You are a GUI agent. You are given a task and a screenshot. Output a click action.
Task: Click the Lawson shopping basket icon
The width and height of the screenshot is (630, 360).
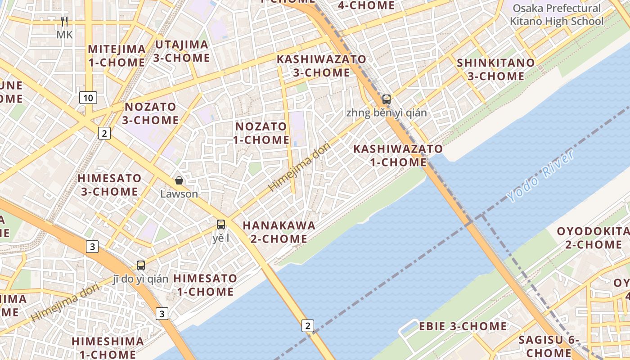(x=179, y=180)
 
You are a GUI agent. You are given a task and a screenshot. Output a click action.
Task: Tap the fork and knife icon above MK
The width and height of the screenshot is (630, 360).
(x=64, y=22)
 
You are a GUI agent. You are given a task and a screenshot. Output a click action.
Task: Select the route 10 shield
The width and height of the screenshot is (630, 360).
(x=88, y=97)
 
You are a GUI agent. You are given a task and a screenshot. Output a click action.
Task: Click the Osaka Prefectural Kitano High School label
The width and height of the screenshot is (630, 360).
(x=557, y=15)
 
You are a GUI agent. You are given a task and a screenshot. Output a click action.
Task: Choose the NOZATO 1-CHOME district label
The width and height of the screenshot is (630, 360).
(x=261, y=133)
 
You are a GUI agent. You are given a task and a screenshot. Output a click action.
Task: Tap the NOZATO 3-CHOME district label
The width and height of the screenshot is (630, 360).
(x=150, y=113)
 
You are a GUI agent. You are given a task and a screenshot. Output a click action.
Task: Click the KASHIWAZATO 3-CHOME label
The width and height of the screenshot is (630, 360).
(x=321, y=66)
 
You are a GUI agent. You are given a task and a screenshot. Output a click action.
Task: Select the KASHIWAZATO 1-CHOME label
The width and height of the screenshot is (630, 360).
(x=398, y=155)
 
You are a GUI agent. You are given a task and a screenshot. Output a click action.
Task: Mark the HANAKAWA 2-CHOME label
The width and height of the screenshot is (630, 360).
(x=279, y=232)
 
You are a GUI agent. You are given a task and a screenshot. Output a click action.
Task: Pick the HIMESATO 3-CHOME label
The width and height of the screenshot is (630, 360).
(x=109, y=185)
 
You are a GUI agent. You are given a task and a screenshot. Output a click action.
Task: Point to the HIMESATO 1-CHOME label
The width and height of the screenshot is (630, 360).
(x=205, y=285)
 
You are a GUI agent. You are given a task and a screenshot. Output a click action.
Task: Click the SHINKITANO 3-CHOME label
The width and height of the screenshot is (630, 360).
(x=496, y=69)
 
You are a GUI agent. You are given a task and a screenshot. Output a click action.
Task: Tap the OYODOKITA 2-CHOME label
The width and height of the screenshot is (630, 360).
(x=593, y=238)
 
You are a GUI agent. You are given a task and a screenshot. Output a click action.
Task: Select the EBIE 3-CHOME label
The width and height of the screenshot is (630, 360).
(x=463, y=326)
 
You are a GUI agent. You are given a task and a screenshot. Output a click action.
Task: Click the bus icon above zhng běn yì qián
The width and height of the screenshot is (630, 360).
(x=386, y=99)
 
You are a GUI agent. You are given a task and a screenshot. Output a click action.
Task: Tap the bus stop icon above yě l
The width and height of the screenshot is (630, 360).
(x=220, y=224)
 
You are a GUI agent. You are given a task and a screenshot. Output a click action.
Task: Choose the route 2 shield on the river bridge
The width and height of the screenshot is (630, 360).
(x=307, y=325)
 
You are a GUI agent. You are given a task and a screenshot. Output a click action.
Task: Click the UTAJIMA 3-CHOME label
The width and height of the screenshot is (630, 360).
(x=181, y=51)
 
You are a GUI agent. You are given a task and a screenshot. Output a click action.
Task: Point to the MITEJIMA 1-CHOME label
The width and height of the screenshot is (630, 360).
(x=117, y=56)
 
